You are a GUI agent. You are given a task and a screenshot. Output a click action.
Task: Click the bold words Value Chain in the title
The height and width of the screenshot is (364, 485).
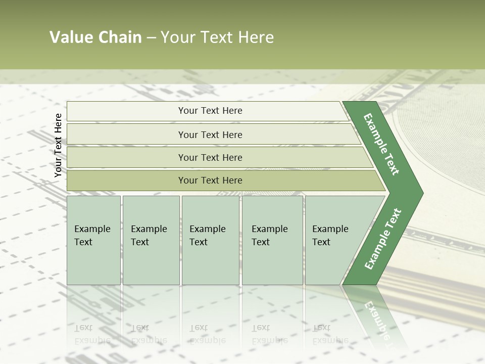(95, 37)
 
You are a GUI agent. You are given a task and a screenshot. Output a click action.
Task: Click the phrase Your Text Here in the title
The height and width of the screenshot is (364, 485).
(217, 37)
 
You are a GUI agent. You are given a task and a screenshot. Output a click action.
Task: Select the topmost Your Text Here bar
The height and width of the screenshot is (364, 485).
(210, 111)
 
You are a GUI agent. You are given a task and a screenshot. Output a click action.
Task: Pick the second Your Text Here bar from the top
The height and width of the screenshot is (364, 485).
(210, 134)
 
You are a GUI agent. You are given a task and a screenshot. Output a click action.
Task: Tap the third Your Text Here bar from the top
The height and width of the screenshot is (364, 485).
(210, 157)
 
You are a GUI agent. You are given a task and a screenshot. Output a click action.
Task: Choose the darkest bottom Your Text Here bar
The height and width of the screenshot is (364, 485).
(210, 180)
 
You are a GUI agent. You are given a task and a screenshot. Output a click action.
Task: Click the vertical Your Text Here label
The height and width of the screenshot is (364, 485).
(58, 145)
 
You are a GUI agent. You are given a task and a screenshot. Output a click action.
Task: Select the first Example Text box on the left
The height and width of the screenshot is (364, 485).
(93, 240)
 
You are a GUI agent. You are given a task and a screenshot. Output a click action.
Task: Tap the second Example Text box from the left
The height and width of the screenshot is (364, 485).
(151, 240)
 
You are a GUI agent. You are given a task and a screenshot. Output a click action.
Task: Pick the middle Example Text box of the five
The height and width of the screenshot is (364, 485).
(210, 240)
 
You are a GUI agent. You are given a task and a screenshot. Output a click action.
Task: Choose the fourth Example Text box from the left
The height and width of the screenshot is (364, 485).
(272, 240)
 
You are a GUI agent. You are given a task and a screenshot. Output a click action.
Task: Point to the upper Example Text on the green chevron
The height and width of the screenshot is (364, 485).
(381, 144)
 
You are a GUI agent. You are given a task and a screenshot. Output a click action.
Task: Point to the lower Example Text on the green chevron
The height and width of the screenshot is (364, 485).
(383, 239)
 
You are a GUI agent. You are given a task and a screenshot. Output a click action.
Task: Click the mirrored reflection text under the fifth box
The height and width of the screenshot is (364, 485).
(330, 334)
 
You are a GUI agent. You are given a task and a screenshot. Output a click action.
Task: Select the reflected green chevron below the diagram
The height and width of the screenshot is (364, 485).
(376, 316)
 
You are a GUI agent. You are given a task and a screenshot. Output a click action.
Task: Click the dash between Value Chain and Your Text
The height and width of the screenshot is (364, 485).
(151, 38)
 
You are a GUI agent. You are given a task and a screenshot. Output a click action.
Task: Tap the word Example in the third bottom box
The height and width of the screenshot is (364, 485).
(207, 229)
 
